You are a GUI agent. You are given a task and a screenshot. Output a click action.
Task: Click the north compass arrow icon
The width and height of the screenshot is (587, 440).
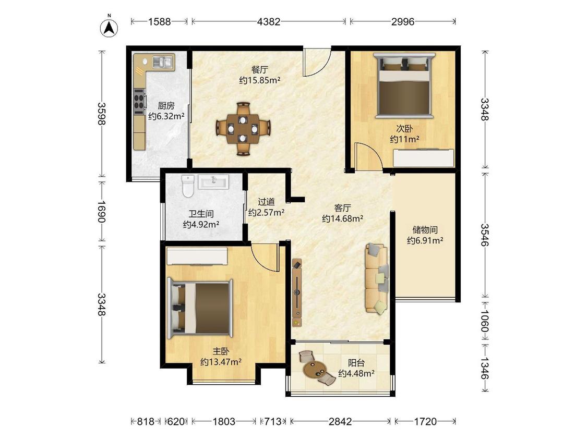pos(109,28)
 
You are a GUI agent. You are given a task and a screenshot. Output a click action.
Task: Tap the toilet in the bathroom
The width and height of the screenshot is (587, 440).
pos(187,186)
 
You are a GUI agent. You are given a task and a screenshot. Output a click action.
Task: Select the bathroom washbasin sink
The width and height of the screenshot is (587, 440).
pos(213,182)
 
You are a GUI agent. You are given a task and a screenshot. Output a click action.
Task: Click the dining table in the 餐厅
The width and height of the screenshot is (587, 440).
pos(243,128)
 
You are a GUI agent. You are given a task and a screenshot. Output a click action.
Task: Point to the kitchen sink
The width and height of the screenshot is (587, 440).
pos(163,62)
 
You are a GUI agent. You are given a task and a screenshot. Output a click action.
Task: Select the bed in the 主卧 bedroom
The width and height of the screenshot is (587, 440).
pos(200,308)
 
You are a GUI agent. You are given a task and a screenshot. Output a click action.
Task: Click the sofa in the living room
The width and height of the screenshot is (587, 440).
pos(377,278)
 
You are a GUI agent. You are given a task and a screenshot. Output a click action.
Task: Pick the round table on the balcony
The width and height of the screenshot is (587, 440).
pos(313,368)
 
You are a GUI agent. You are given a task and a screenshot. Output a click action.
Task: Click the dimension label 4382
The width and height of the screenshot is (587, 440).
pos(268,22)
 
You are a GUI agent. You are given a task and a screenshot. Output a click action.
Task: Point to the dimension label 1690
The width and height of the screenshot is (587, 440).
pos(101,211)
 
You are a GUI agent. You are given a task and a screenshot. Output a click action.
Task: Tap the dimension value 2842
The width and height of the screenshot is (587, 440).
pos(340,422)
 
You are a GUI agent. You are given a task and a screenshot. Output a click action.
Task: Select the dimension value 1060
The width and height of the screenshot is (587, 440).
pos(485,321)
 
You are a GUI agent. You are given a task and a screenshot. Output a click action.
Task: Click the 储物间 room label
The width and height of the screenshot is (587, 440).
pos(425,229)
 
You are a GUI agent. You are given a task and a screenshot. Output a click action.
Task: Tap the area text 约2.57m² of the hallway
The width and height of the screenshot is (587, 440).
pos(266,213)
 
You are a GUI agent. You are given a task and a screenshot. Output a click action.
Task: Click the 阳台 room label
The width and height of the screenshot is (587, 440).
pos(356,362)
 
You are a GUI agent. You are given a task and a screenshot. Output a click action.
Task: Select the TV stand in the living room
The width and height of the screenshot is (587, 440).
pos(297,292)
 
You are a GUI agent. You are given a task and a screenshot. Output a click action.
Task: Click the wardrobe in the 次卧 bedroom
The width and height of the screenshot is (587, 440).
pos(423,158)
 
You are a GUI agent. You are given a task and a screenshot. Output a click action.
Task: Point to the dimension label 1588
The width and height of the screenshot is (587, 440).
pos(160,22)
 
